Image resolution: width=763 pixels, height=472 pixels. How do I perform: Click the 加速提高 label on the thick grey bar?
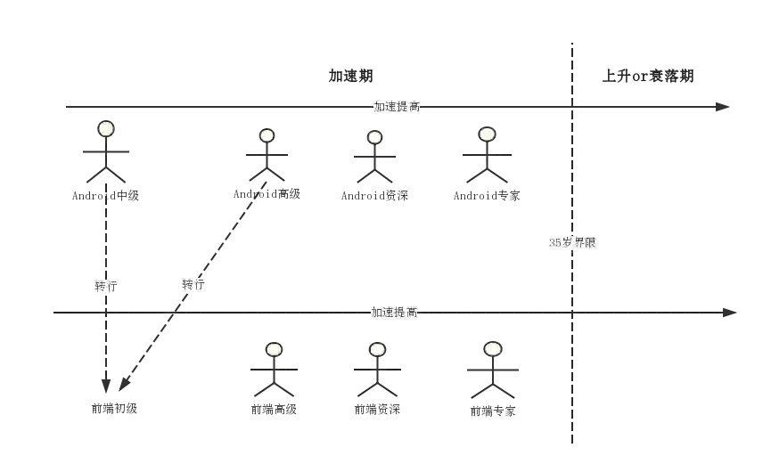click(396, 107)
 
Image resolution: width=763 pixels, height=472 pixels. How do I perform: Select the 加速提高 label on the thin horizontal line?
click(395, 312)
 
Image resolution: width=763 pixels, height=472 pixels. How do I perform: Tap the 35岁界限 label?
click(573, 242)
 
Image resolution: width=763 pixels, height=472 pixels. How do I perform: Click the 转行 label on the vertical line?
click(107, 287)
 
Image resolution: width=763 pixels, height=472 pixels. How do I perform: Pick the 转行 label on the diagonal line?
click(193, 285)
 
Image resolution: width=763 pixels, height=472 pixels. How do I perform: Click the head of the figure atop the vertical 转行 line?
click(106, 129)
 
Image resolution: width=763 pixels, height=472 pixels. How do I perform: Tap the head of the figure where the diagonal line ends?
click(267, 136)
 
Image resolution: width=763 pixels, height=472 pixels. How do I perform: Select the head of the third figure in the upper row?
click(375, 137)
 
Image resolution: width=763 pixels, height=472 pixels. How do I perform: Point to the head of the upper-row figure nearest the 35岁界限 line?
click(487, 135)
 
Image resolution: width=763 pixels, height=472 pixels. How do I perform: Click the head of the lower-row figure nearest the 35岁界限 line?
click(493, 348)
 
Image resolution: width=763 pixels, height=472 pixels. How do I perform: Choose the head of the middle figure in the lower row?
click(377, 349)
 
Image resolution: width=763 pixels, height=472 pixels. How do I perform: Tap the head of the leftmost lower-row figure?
click(274, 349)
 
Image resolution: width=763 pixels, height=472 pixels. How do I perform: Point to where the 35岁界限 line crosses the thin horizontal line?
click(573, 311)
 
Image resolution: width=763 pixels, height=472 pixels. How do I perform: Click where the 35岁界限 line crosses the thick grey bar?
click(573, 107)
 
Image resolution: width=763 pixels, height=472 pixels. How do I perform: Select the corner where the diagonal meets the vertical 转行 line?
click(108, 386)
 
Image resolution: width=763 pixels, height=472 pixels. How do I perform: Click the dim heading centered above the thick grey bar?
click(353, 76)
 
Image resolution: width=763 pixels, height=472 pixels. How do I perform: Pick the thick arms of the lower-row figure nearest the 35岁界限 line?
click(492, 369)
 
